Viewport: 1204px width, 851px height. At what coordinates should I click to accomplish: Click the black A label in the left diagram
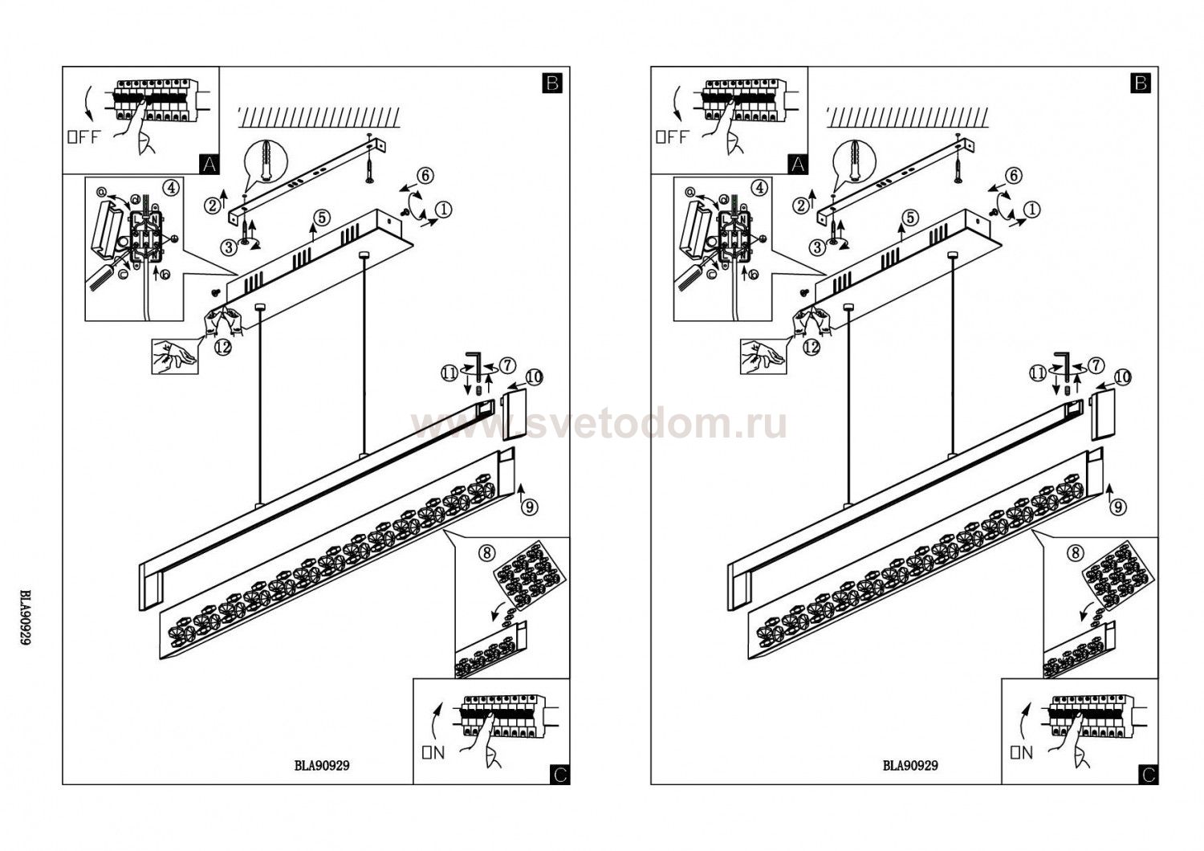click(209, 164)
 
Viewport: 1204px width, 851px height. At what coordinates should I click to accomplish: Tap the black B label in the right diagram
click(1141, 83)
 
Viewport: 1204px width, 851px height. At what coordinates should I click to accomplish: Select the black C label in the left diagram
click(560, 774)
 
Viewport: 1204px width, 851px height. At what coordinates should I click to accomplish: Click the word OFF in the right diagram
click(672, 136)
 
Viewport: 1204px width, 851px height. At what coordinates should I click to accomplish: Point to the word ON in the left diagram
click(433, 752)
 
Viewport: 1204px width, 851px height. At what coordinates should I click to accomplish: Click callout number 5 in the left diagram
click(321, 217)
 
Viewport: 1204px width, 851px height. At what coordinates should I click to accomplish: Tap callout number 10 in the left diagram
click(535, 376)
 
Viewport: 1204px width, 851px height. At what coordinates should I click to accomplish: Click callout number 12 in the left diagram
click(224, 347)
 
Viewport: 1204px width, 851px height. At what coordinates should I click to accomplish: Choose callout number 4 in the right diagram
click(759, 187)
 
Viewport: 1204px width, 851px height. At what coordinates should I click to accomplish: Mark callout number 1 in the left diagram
click(444, 210)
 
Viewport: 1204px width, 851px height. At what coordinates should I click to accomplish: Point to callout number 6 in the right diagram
click(1012, 175)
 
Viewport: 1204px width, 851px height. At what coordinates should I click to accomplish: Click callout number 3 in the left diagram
click(230, 247)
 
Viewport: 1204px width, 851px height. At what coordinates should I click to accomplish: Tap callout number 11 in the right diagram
click(1036, 373)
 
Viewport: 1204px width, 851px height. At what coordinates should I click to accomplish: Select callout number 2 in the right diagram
click(800, 206)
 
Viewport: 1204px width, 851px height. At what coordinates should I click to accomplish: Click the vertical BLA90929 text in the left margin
click(26, 618)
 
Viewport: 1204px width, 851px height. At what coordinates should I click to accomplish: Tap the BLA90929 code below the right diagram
click(910, 765)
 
